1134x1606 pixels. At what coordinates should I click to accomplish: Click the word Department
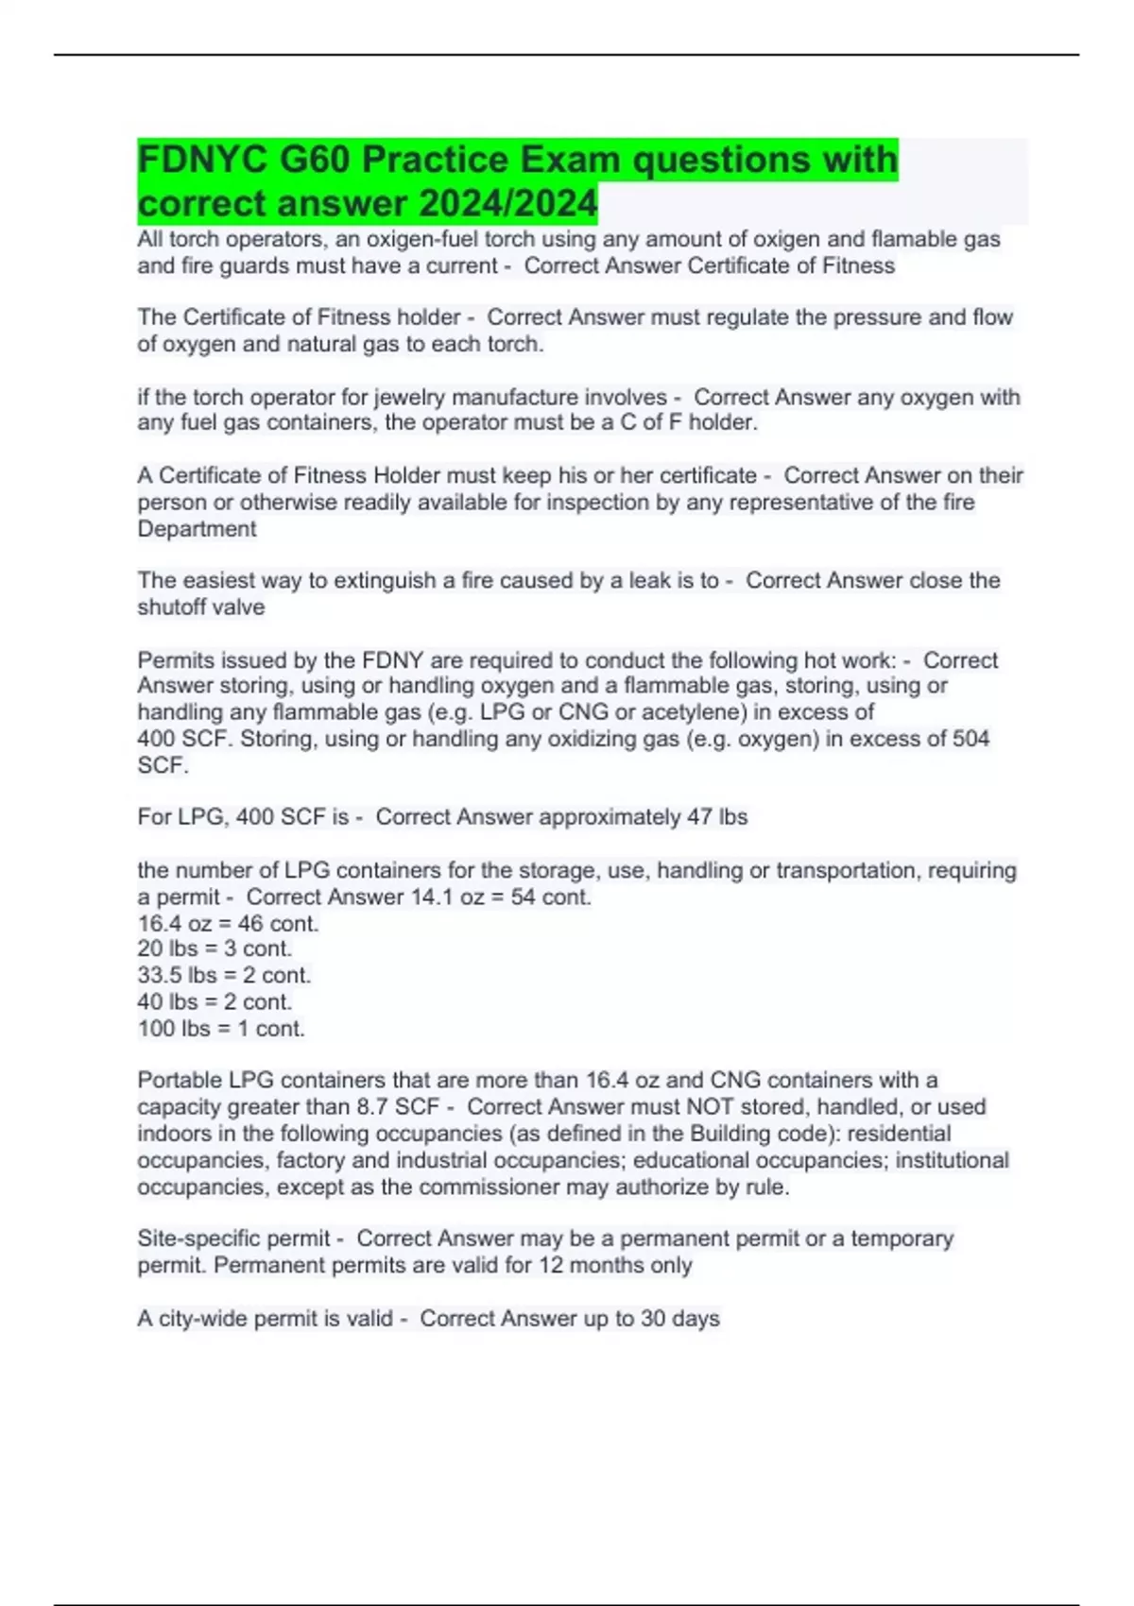tap(197, 529)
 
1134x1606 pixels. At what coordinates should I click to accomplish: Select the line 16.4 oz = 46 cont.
tap(228, 923)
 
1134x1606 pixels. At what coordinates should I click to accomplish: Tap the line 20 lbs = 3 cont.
tap(215, 948)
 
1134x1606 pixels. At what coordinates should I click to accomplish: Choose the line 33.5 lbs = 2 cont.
tap(224, 975)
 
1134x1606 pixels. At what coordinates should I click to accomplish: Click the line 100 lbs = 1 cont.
tap(221, 1029)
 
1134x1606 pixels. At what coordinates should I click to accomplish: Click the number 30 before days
tap(653, 1319)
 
